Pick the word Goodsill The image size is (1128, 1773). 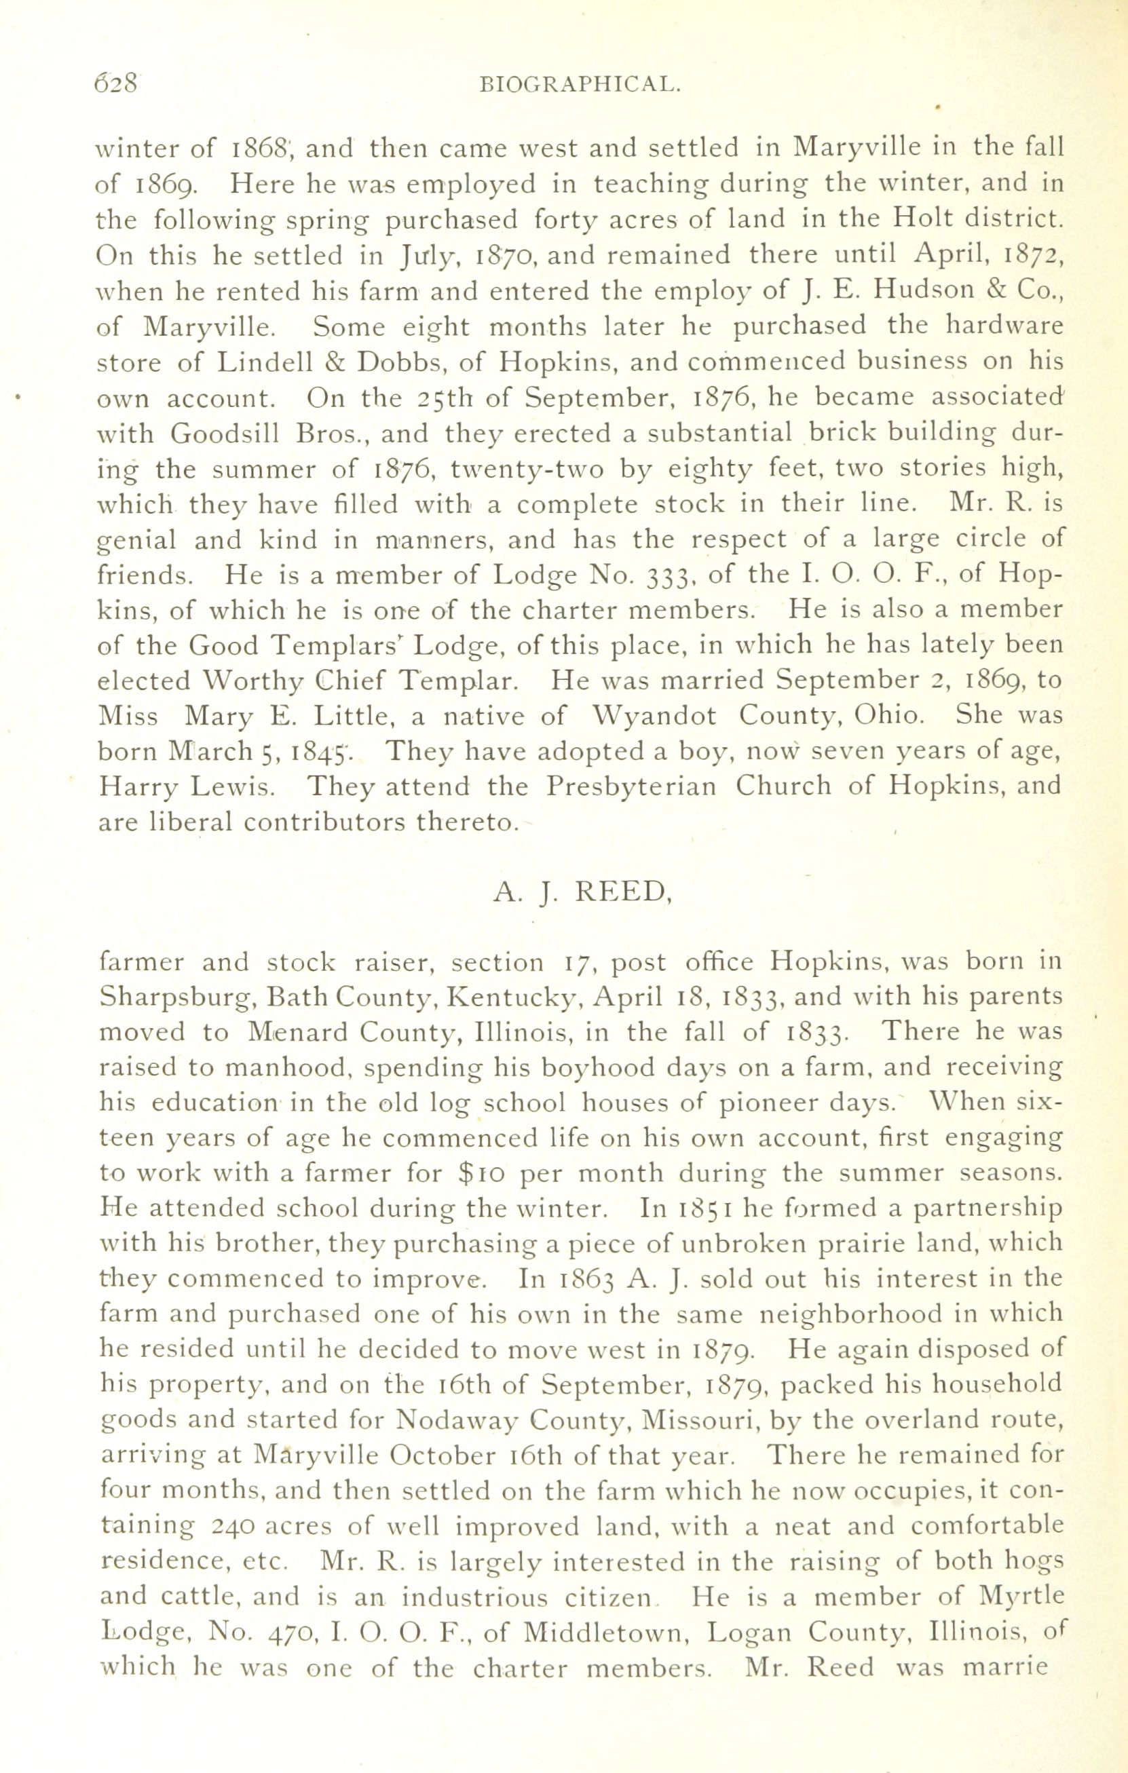225,434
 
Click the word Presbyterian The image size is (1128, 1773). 631,787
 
